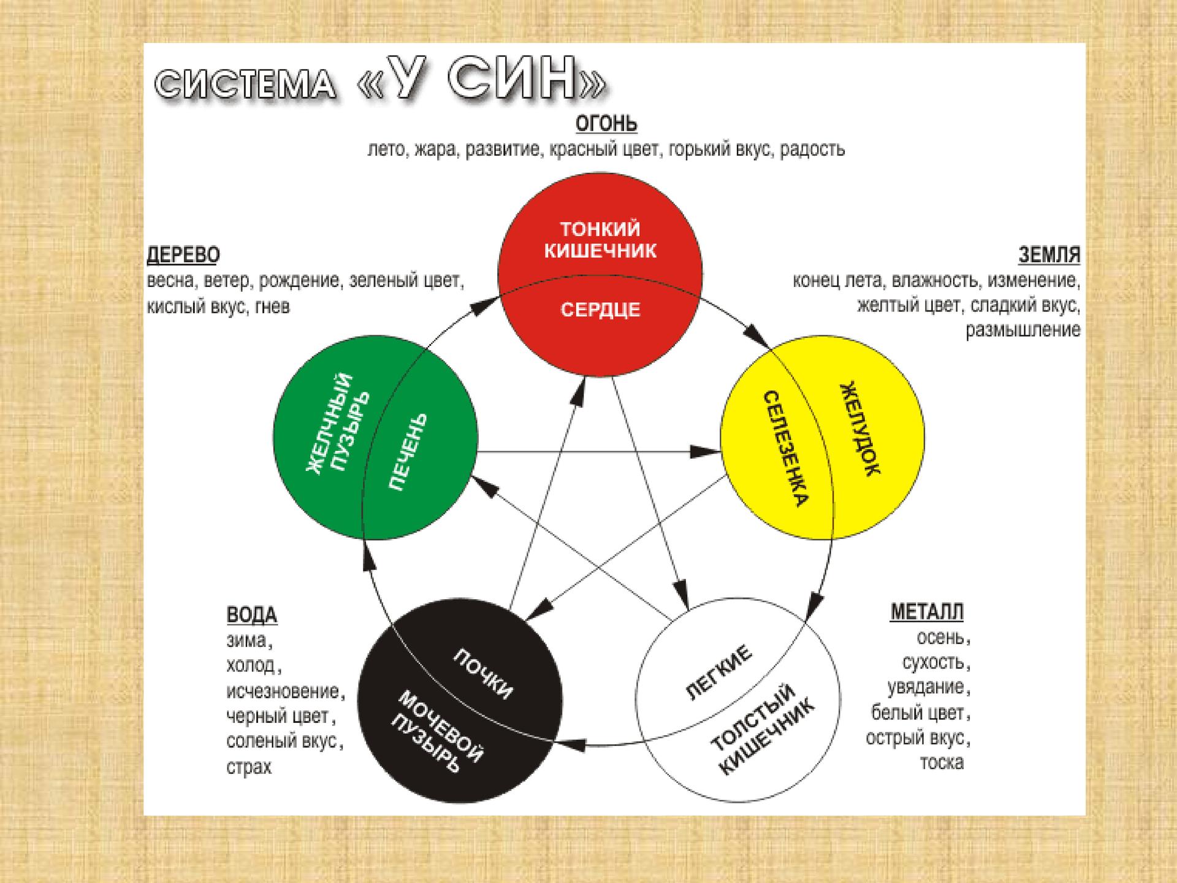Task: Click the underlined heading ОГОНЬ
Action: point(606,123)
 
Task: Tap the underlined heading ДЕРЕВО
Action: point(183,254)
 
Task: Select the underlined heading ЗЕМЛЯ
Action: point(1049,254)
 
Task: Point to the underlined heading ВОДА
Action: point(252,614)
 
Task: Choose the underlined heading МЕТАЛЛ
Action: point(927,611)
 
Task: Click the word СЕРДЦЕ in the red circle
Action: point(600,310)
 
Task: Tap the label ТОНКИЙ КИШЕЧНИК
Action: point(600,240)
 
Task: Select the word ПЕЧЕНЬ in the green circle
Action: point(408,451)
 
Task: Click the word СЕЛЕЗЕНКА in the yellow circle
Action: point(785,449)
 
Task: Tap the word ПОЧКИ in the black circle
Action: point(482,673)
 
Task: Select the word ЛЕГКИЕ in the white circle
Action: point(718,672)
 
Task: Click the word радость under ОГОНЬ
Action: point(812,150)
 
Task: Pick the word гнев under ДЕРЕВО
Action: point(272,306)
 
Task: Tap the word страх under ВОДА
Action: point(249,767)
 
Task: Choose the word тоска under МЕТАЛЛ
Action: point(942,763)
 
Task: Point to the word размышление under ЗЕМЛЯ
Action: point(1023,331)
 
